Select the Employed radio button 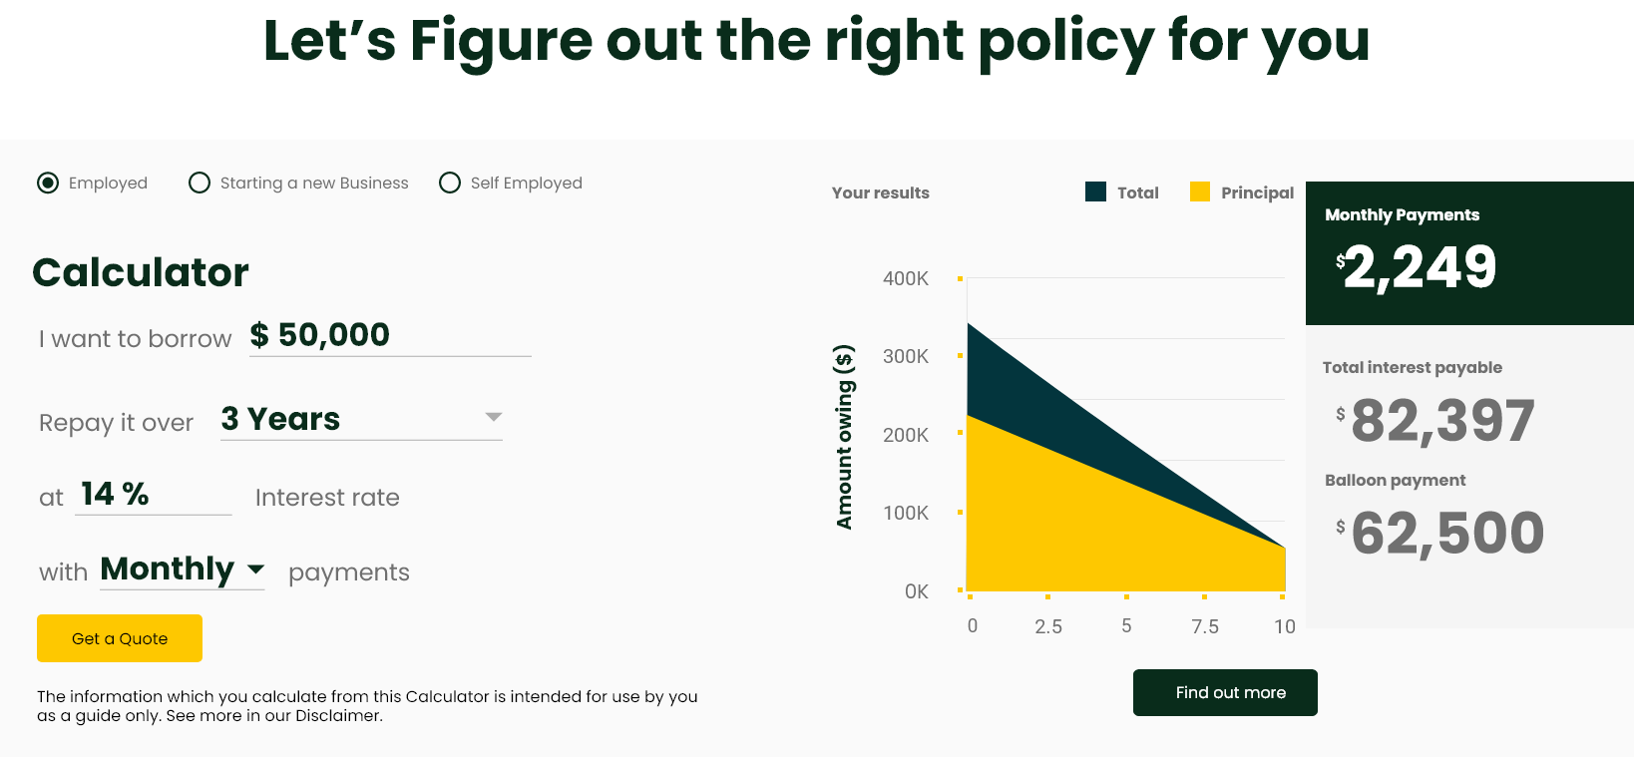48,183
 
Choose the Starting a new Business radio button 200,183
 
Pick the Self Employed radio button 449,183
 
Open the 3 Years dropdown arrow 494,417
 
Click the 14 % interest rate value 115,494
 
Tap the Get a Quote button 120,638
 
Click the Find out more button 1225,692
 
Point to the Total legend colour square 1095,191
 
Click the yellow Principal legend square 1200,191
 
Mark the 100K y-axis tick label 905,513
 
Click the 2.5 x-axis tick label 1048,626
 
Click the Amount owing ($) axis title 844,436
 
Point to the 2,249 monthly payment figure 1420,267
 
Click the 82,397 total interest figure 1442,421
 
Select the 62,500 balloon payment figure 1447,534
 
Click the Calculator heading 141,272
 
